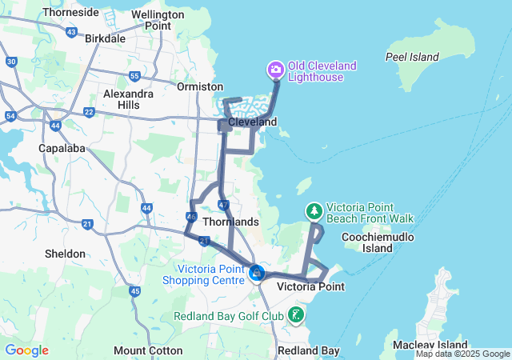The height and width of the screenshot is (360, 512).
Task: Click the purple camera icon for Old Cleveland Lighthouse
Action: point(276,70)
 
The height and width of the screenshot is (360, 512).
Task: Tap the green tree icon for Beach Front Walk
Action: point(314,210)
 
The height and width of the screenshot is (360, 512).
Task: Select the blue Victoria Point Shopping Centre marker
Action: point(256,274)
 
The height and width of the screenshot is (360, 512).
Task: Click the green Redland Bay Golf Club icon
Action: point(297,314)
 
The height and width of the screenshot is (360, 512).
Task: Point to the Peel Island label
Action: point(412,57)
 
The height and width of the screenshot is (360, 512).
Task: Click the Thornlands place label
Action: point(231,222)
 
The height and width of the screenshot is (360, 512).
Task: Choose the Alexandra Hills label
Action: point(128,99)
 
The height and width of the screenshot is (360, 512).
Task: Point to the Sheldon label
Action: point(65,254)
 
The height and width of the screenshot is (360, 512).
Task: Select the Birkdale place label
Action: point(105,38)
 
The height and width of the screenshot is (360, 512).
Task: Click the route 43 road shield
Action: point(72,32)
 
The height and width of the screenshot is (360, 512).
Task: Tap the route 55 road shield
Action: point(134,77)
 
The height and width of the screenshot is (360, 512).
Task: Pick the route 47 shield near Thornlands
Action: point(223,206)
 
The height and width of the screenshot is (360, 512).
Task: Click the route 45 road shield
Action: point(134,291)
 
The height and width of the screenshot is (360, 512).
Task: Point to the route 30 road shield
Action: point(11,62)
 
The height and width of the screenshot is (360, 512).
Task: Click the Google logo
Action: point(26,350)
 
